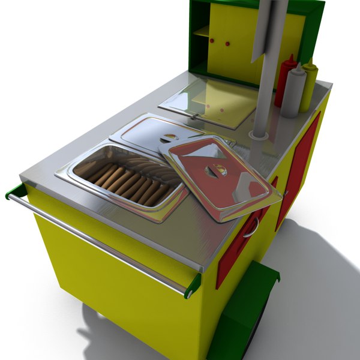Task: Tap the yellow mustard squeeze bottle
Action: click(x=308, y=87)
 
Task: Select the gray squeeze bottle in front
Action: click(x=294, y=93)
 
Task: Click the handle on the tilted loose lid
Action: click(x=213, y=170)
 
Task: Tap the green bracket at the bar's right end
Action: click(x=193, y=285)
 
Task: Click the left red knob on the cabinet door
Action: click(x=212, y=41)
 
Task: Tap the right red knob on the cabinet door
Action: click(x=228, y=44)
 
